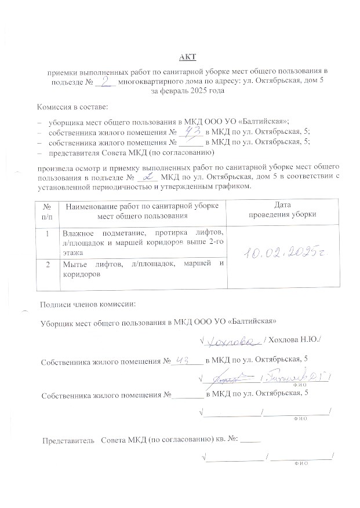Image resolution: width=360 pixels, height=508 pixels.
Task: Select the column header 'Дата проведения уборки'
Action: (x=282, y=210)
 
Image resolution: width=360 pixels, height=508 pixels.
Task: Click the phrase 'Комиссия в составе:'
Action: (x=72, y=108)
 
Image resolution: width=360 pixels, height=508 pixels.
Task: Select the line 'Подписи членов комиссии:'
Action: (x=88, y=304)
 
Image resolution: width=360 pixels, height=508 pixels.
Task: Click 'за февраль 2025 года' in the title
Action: (x=187, y=92)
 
